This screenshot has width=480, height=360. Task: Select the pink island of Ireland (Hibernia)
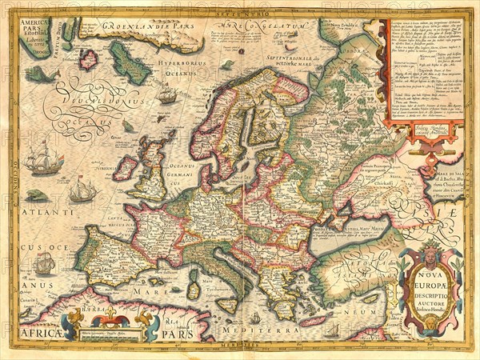(125, 167)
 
